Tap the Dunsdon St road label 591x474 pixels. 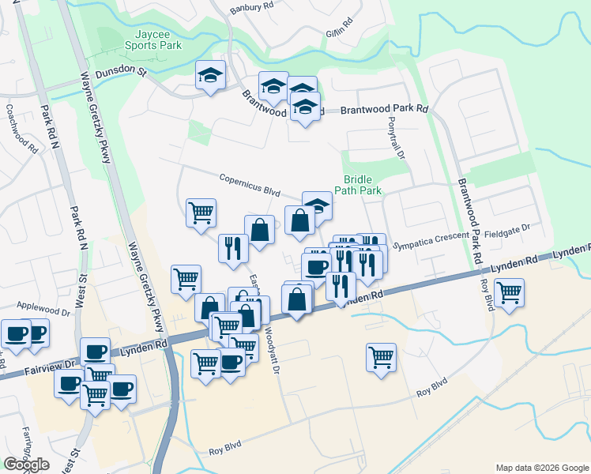coord(122,72)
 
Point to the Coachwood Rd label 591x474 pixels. coord(21,129)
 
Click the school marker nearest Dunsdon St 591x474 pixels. coord(210,75)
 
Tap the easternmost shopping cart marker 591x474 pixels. coord(510,293)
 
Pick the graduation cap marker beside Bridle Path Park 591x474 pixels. coord(317,205)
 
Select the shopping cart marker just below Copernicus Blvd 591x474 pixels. coord(201,212)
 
